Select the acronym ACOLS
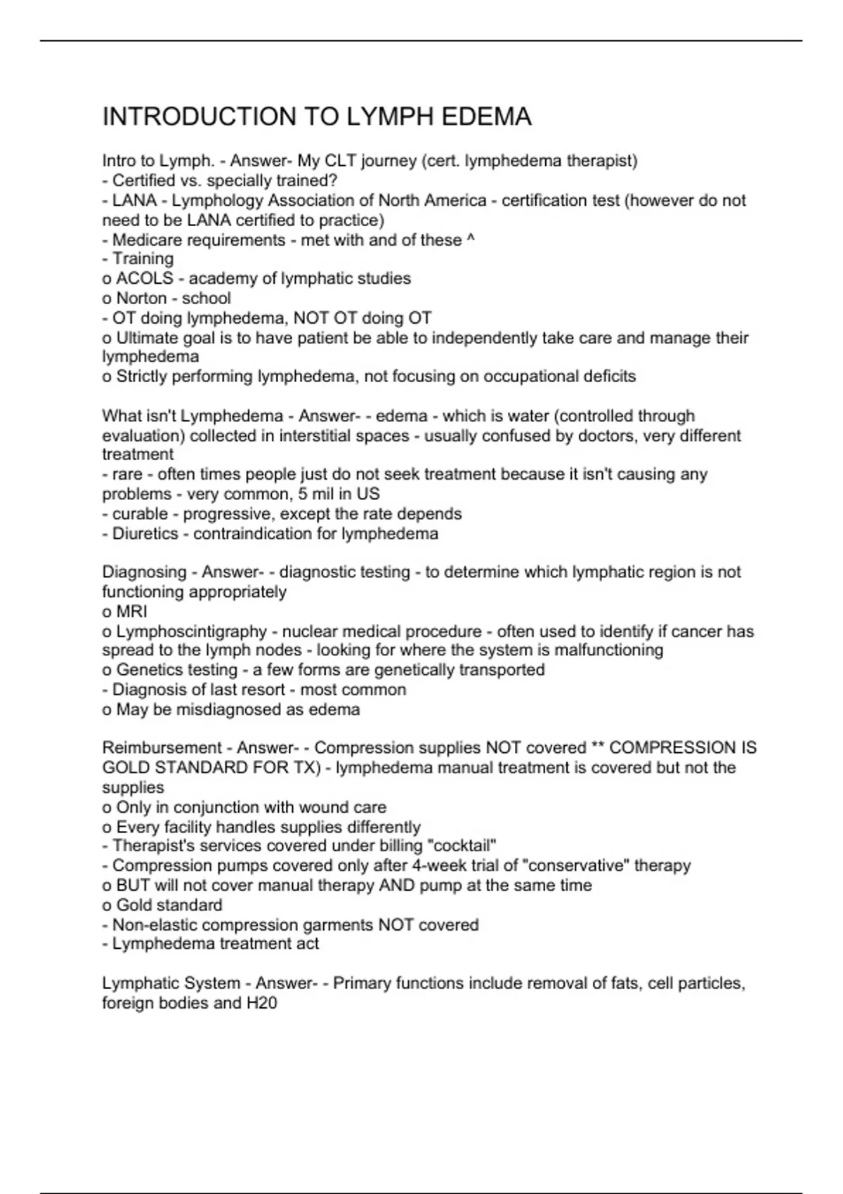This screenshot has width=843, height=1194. point(144,279)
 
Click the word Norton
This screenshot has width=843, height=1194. point(141,298)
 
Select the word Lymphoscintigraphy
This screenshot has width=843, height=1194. point(191,631)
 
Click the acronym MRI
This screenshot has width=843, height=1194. point(131,612)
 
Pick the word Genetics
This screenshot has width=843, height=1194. point(148,670)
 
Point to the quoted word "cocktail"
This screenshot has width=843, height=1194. point(466,846)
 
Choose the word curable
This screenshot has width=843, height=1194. point(140,514)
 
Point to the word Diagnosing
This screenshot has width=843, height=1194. point(144,572)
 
